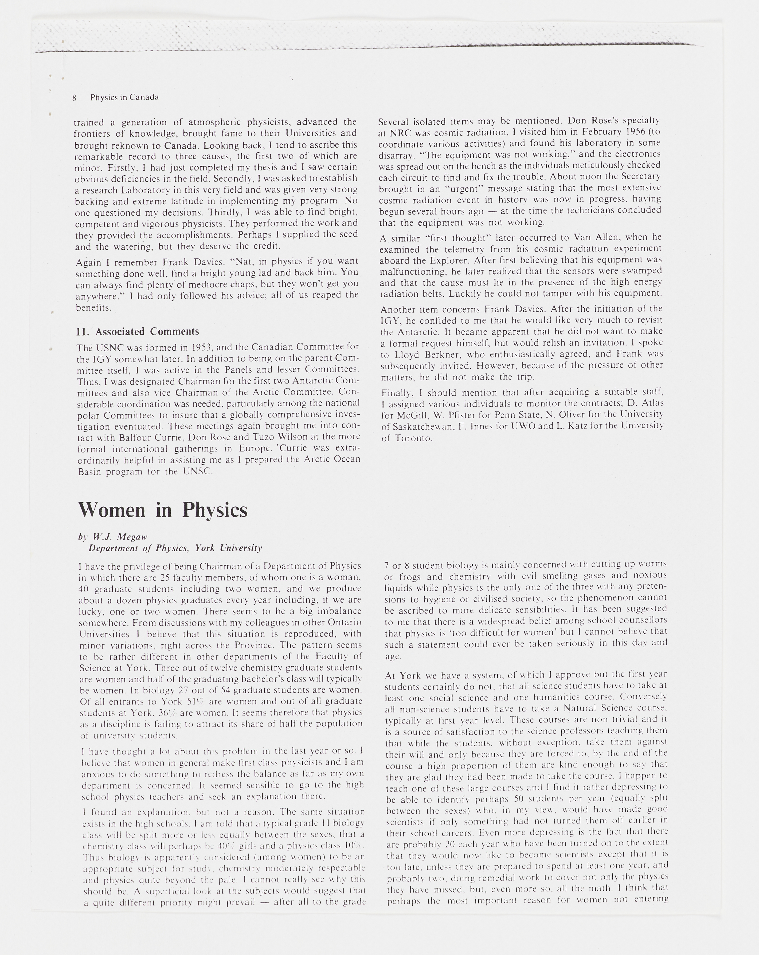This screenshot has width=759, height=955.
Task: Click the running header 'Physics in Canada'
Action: [x=124, y=97]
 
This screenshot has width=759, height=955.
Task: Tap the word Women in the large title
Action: [x=112, y=510]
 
